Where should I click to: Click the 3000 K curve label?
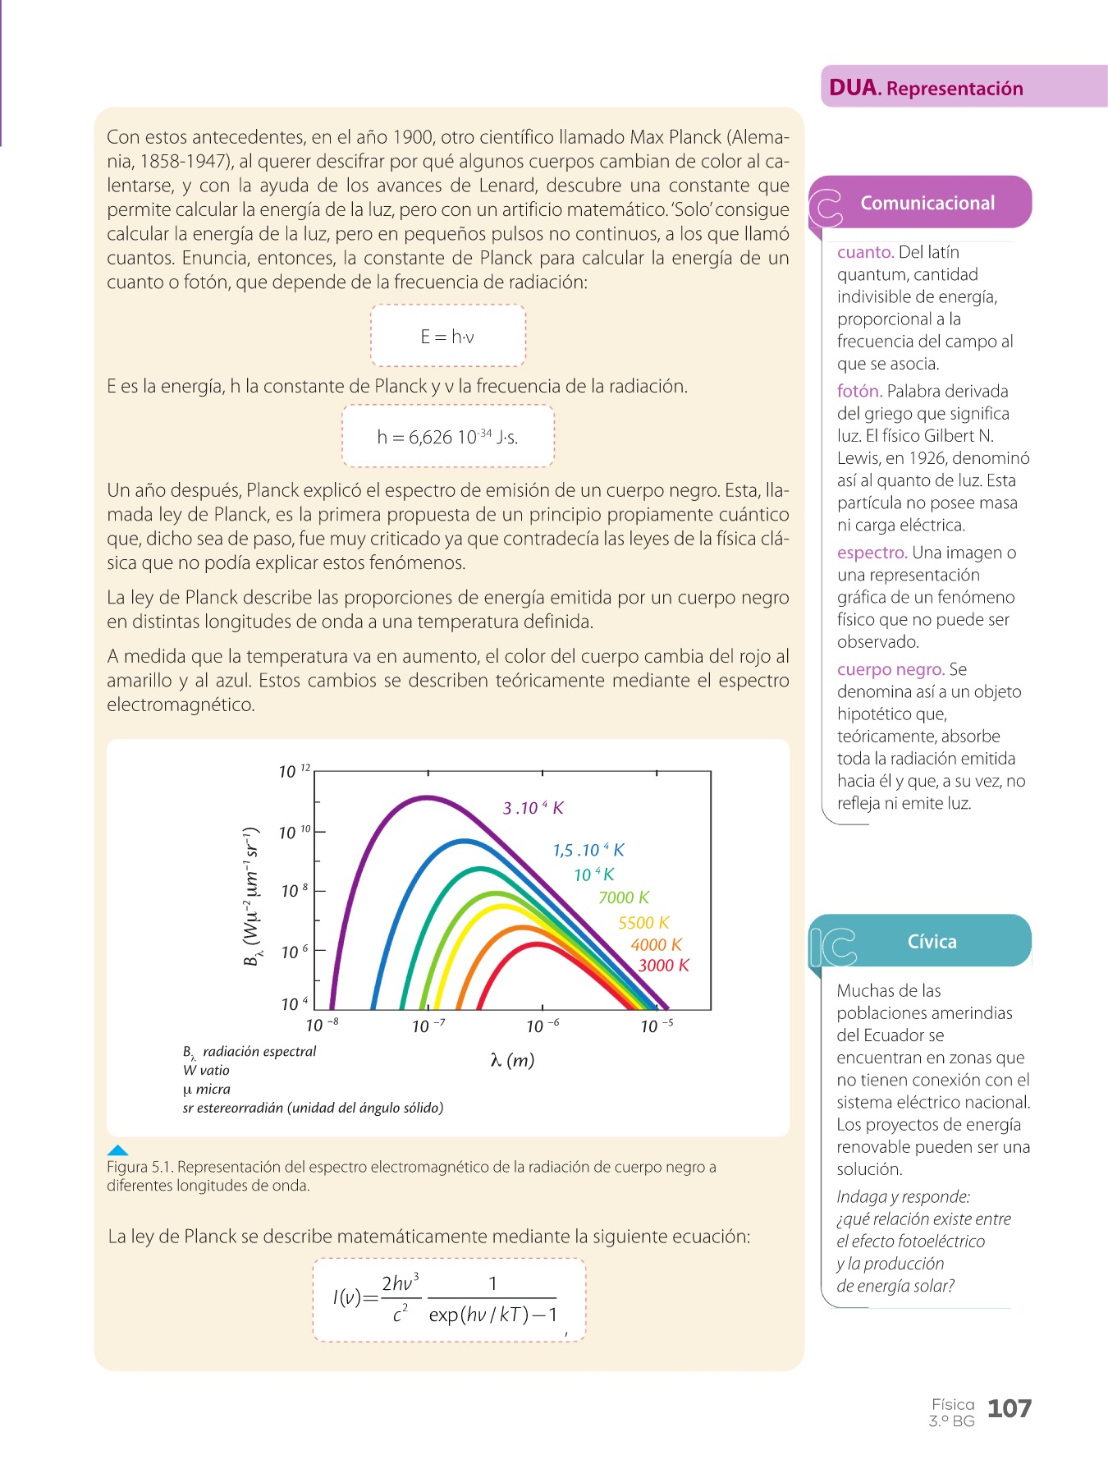click(x=663, y=966)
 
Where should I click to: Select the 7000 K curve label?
click(x=624, y=897)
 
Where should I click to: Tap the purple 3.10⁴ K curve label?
click(x=533, y=808)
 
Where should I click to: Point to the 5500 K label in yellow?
click(x=643, y=923)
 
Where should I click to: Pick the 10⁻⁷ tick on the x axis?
click(x=428, y=1026)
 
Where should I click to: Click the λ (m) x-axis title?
click(x=512, y=1060)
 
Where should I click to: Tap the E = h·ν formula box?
click(x=447, y=336)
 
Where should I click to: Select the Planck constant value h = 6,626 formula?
click(x=447, y=437)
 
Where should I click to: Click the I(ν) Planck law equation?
click(x=448, y=1299)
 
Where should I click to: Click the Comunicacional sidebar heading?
click(x=927, y=203)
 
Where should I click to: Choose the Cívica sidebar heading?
click(x=932, y=942)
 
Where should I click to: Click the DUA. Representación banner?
click(x=926, y=88)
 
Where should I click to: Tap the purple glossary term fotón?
click(x=859, y=392)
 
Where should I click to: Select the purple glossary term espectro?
click(x=872, y=553)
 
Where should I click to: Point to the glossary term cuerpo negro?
click(x=891, y=669)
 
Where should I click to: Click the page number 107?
click(x=1009, y=1409)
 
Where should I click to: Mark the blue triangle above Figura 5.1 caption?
click(x=118, y=1150)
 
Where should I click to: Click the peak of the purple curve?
click(x=426, y=796)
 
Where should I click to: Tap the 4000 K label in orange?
click(x=656, y=945)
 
